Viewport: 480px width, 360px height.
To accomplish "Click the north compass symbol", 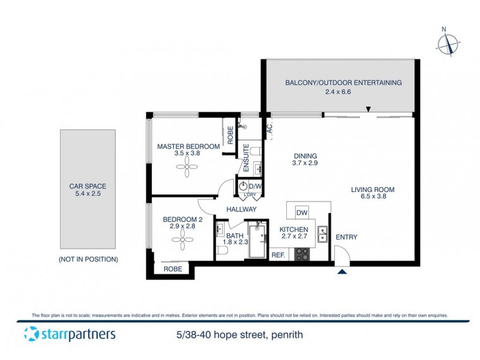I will tap(448, 43).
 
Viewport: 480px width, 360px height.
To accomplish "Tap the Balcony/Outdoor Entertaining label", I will tap(343, 83).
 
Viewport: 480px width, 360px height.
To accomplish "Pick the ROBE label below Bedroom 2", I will tap(173, 269).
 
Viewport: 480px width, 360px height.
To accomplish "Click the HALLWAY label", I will tap(242, 209).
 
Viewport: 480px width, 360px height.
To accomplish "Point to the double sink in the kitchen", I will tap(322, 233).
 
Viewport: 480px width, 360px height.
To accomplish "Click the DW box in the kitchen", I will tap(302, 212).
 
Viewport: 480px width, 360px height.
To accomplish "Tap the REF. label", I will tap(278, 255).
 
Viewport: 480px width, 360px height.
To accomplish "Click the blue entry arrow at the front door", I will tap(342, 272).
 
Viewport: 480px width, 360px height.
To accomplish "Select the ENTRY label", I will tap(346, 237).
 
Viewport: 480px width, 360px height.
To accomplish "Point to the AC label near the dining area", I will tap(269, 128).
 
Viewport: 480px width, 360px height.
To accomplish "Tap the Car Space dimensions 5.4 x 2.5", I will tap(88, 194).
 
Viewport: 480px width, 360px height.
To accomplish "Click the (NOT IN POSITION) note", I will tap(88, 259).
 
